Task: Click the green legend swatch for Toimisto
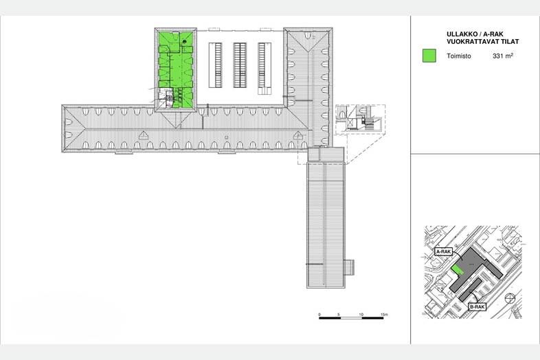(429, 56)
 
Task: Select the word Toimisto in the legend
(459, 56)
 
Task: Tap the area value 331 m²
(503, 56)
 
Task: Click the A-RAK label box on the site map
(444, 251)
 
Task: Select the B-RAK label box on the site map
(477, 307)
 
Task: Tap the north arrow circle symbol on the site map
(510, 298)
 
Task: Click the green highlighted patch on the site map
(458, 270)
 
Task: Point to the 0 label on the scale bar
(319, 315)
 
